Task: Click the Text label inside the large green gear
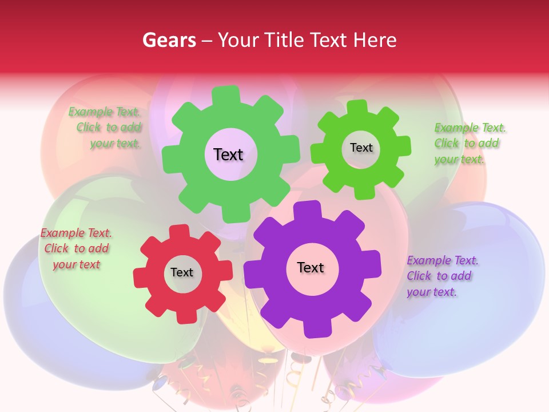coord(228,154)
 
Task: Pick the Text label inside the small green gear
coord(361,148)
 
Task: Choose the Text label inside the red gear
coord(181,272)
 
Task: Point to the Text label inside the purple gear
coord(310,267)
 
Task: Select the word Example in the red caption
coord(62,233)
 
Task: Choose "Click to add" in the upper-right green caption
coord(466,144)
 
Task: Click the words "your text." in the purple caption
coord(432,292)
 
